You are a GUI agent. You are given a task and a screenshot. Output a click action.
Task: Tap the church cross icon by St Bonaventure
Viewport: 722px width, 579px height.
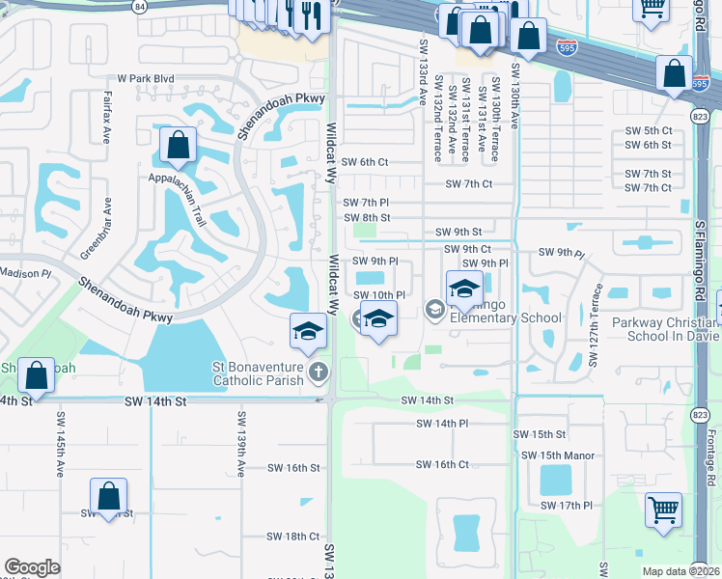(x=319, y=372)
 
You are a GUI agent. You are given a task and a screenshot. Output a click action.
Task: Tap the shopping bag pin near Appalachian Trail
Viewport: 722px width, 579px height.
(x=179, y=147)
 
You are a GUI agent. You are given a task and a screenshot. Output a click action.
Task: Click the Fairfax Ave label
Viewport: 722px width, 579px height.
(x=106, y=117)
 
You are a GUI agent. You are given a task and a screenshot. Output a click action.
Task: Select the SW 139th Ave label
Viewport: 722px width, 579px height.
(x=240, y=445)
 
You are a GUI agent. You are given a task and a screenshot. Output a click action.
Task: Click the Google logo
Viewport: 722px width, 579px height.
(x=32, y=567)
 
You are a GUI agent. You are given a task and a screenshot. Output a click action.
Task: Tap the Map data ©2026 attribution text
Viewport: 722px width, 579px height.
(x=680, y=571)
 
